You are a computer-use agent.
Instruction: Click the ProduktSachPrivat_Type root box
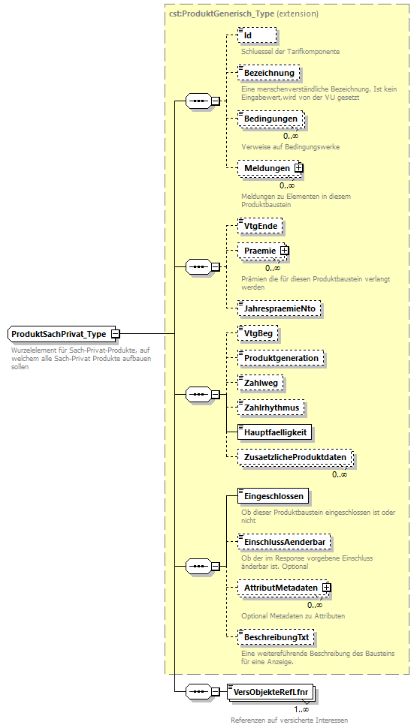click(x=59, y=334)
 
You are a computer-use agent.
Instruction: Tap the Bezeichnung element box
click(x=269, y=73)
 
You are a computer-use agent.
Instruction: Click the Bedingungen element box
click(x=270, y=119)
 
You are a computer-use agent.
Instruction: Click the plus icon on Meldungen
click(x=298, y=168)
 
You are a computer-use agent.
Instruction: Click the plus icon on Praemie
click(x=284, y=250)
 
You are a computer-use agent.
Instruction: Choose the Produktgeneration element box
click(x=280, y=358)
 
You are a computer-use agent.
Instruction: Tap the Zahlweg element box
click(x=261, y=383)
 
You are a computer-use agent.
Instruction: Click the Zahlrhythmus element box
click(x=271, y=408)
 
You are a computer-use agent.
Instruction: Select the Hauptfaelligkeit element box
click(x=273, y=432)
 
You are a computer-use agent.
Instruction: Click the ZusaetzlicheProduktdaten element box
click(x=294, y=457)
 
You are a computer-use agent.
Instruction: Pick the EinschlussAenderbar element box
click(x=284, y=541)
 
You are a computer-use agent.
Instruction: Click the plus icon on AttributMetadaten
click(x=327, y=588)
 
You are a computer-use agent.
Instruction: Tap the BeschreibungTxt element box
click(x=276, y=637)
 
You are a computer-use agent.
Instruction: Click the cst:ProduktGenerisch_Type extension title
click(x=243, y=14)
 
